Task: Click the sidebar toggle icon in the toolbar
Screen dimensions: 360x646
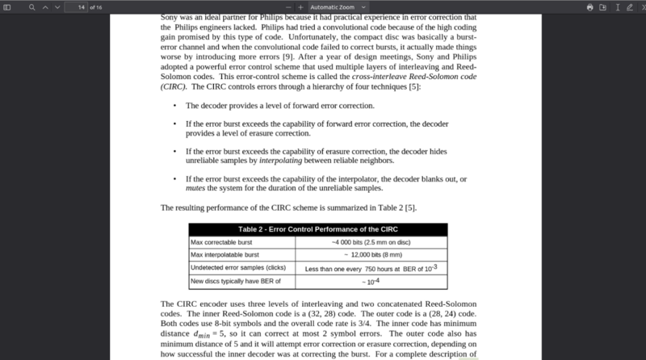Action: (x=8, y=6)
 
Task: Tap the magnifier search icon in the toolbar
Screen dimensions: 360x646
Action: (x=31, y=6)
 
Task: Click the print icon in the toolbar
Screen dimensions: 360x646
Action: (x=590, y=6)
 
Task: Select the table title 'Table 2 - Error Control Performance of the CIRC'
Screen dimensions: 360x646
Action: (x=317, y=229)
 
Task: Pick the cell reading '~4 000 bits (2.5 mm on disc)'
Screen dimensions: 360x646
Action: (x=371, y=242)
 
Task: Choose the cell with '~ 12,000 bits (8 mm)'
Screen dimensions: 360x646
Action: (x=371, y=255)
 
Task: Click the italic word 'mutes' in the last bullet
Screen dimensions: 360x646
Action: (x=195, y=187)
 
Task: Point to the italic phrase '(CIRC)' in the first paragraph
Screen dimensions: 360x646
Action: (x=173, y=86)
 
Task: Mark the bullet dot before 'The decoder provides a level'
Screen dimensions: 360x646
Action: (x=175, y=106)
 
